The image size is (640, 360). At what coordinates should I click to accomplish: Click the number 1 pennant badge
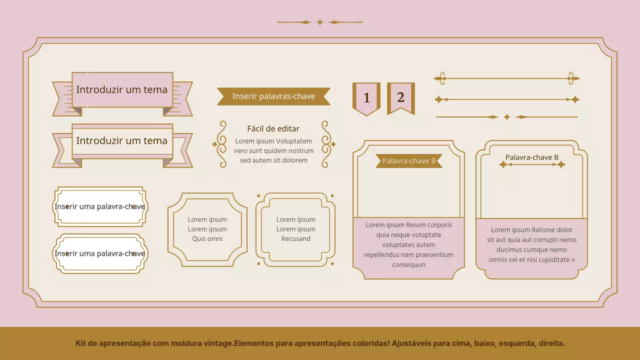(366, 99)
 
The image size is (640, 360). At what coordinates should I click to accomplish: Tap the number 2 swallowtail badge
(401, 98)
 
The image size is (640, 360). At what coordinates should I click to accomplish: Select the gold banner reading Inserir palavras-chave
(273, 96)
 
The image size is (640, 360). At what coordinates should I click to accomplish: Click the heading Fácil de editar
(273, 128)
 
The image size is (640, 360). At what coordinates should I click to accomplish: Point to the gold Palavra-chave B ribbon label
(409, 161)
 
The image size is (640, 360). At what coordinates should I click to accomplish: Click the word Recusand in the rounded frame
(295, 238)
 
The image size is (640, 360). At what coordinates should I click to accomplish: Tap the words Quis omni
(207, 238)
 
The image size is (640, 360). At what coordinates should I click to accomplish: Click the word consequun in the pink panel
(408, 264)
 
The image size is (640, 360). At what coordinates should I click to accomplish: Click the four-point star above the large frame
(320, 22)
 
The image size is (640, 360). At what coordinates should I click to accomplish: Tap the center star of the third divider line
(507, 117)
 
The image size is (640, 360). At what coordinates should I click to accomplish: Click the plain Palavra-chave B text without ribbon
(531, 157)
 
